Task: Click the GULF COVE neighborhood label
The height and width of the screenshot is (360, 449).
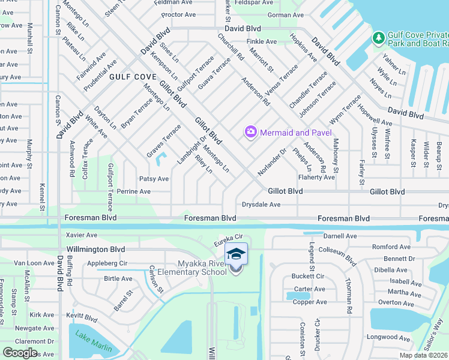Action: [x=133, y=77]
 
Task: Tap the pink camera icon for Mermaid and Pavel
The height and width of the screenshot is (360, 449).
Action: [x=250, y=131]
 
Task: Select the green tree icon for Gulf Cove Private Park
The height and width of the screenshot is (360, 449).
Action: [x=378, y=38]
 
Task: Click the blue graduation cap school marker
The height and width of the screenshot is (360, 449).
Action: [x=236, y=253]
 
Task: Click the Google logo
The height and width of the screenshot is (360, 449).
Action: [x=20, y=353]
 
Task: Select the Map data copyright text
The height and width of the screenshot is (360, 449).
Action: [x=424, y=355]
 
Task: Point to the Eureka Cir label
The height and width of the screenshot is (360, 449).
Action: [x=229, y=238]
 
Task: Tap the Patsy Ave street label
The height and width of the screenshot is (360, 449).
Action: [x=154, y=179]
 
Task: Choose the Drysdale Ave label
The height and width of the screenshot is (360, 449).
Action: [x=261, y=205]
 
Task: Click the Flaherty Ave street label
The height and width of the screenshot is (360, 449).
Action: [x=316, y=178]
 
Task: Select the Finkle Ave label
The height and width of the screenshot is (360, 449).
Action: [x=261, y=41]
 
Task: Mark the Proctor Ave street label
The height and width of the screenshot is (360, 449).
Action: [x=179, y=14]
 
